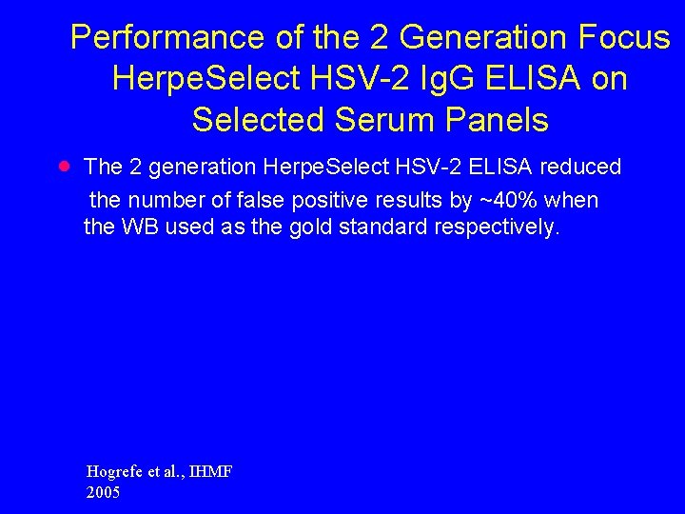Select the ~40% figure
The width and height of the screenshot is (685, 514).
[508, 201]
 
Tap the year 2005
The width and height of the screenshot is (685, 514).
[103, 493]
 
